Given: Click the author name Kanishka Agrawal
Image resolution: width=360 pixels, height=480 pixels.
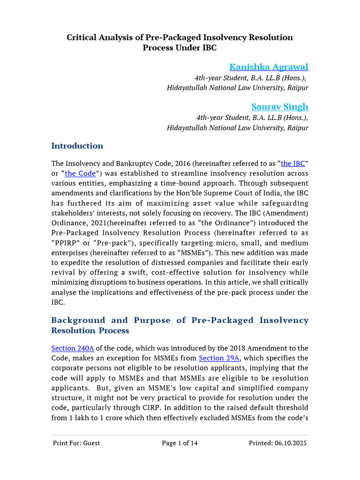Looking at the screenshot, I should click(269, 67).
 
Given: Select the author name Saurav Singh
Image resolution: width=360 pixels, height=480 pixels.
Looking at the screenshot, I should click(280, 106).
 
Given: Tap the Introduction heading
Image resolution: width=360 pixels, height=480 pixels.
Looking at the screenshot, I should click(77, 146).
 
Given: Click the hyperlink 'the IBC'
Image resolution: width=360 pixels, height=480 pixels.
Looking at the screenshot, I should click(293, 164).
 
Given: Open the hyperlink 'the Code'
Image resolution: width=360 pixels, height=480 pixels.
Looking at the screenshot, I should click(80, 173).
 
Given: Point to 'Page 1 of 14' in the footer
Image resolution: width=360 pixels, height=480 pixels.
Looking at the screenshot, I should click(180, 443).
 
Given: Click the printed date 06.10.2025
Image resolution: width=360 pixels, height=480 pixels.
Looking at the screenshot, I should click(291, 443).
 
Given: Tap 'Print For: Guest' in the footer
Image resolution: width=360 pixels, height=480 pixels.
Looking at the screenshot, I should click(76, 443).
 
